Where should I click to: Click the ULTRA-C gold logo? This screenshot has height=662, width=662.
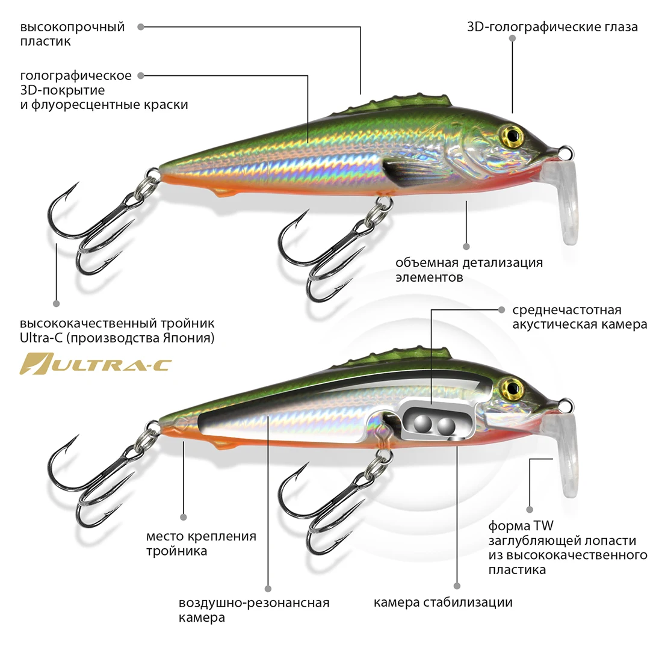click(95, 363)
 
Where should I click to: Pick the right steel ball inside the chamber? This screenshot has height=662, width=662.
click(446, 427)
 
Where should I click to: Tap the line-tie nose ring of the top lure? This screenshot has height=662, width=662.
click(566, 151)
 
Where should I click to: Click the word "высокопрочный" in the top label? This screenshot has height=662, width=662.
click(72, 27)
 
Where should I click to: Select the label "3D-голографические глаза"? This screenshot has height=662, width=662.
click(552, 27)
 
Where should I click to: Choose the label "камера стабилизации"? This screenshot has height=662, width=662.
click(443, 602)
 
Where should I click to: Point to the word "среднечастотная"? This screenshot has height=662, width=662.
click(566, 311)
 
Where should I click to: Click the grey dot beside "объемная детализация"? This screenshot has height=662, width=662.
click(466, 246)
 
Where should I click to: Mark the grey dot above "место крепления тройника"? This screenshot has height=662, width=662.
click(184, 516)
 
